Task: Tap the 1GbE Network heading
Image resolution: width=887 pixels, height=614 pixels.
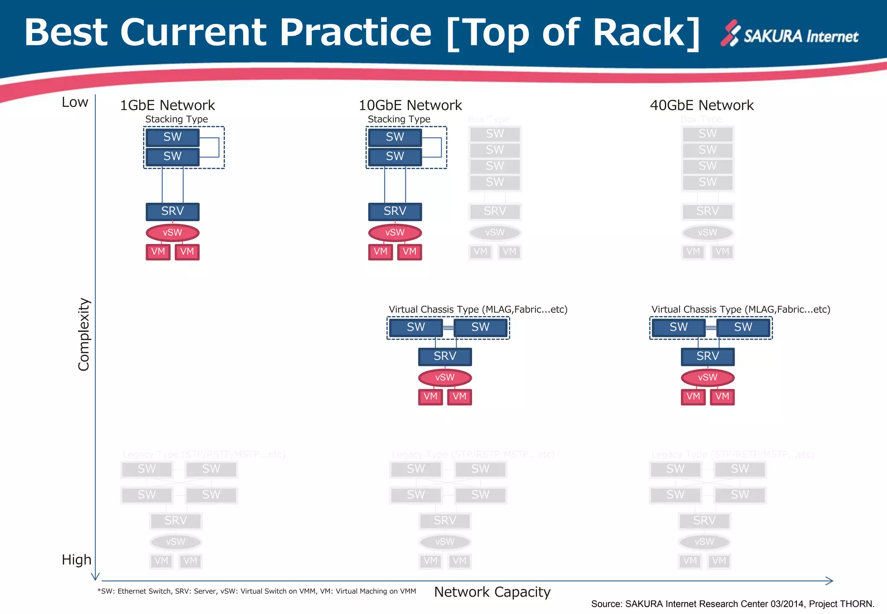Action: click(x=167, y=105)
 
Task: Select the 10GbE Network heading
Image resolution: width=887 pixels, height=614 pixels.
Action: click(x=410, y=105)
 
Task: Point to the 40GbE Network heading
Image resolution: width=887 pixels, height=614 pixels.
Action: click(x=702, y=105)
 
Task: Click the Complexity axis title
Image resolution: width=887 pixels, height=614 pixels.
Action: click(x=84, y=334)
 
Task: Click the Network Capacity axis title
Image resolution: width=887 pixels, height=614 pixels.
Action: click(x=492, y=592)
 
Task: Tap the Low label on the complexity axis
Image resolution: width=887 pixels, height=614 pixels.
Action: click(x=75, y=102)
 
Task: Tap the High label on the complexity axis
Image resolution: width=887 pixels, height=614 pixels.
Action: click(x=76, y=559)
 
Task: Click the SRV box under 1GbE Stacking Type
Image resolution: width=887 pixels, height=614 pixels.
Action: click(x=172, y=211)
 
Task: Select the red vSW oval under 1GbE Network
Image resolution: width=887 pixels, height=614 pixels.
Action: click(x=172, y=233)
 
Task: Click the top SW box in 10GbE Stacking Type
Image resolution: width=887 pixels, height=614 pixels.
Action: click(x=395, y=137)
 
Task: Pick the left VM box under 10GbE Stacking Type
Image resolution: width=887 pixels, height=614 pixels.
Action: click(x=380, y=252)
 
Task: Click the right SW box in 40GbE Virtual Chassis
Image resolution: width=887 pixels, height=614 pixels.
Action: click(x=743, y=327)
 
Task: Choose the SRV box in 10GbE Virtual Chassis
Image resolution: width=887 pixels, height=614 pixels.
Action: click(x=445, y=356)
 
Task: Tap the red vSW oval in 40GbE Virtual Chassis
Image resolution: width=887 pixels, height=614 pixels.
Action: click(x=707, y=378)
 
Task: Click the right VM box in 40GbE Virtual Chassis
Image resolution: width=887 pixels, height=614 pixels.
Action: click(x=722, y=397)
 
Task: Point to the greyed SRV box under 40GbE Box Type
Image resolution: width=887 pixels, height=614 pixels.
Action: click(x=707, y=211)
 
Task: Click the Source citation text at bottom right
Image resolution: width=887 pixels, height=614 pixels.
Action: click(x=732, y=604)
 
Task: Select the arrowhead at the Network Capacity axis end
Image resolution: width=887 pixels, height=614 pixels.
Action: click(x=829, y=581)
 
